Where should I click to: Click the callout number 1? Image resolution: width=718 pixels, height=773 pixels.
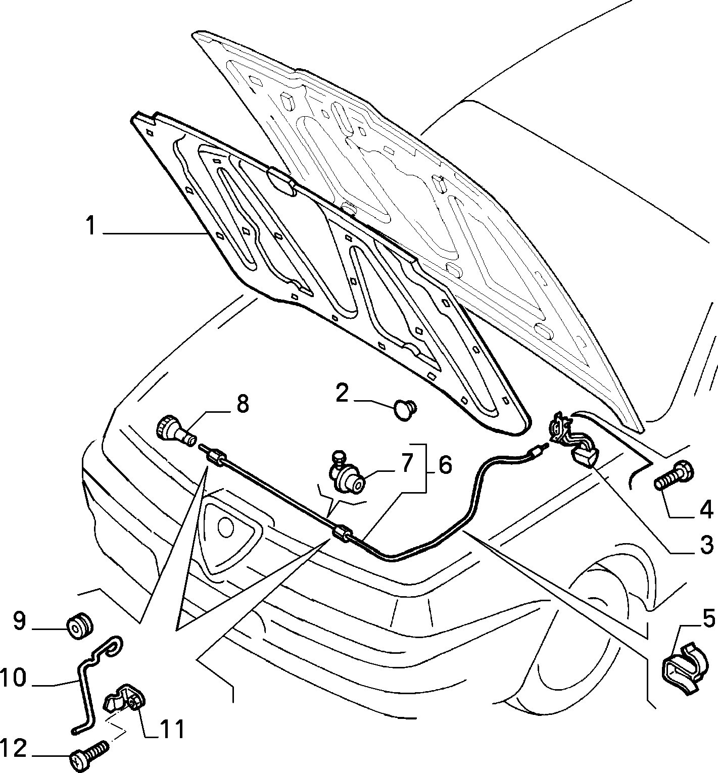[91, 225]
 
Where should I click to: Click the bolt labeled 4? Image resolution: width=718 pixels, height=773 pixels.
[674, 477]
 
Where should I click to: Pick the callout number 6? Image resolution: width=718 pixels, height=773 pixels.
[445, 465]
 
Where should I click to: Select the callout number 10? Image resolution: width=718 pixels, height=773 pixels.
[13, 678]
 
